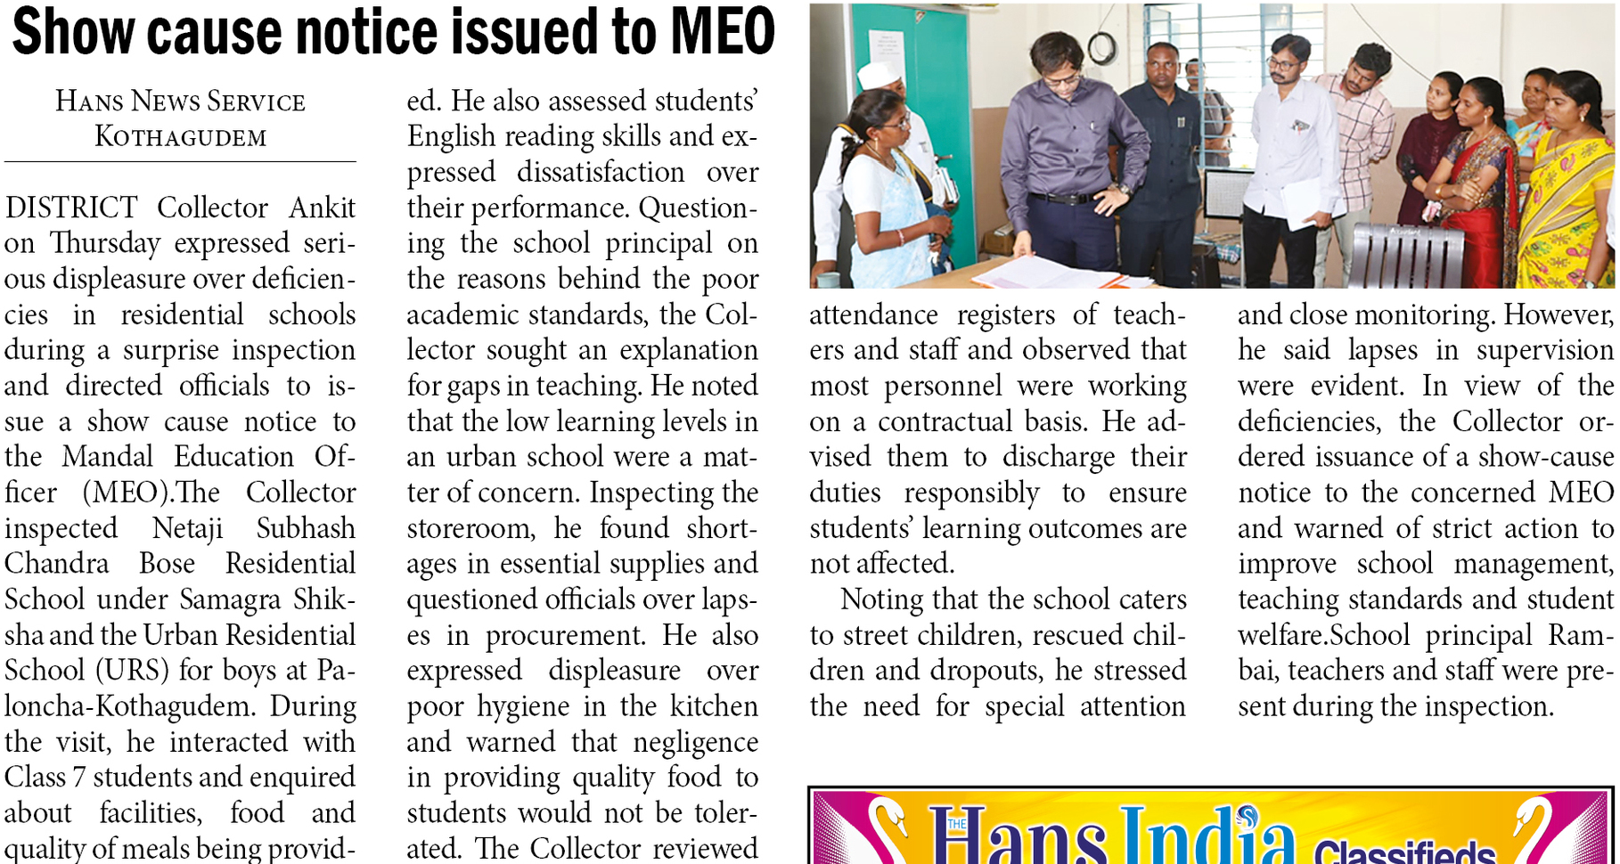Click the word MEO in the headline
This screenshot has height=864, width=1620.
pyautogui.click(x=723, y=32)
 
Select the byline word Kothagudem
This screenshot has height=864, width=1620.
pyautogui.click(x=181, y=137)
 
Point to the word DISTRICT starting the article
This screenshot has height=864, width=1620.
pyautogui.click(x=71, y=208)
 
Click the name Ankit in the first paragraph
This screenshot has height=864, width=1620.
pyautogui.click(x=322, y=208)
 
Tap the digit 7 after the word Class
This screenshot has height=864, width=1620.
pyautogui.click(x=78, y=778)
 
